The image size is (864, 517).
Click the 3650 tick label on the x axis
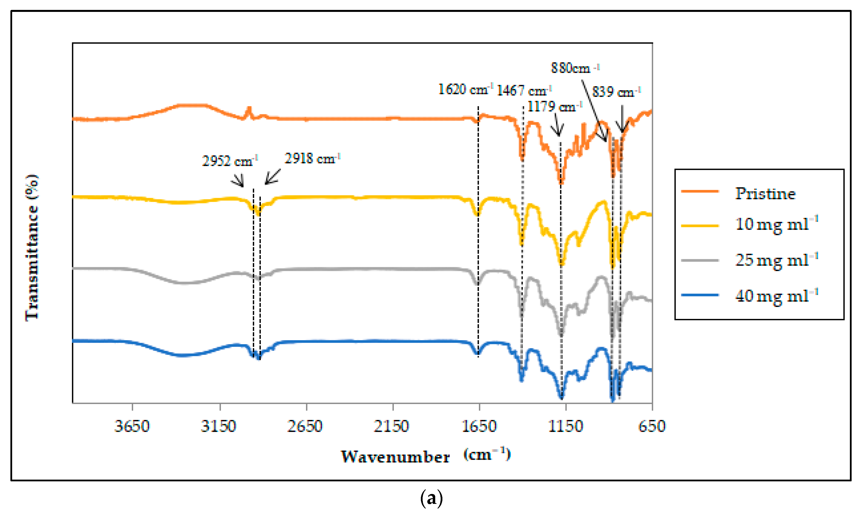[x=132, y=426]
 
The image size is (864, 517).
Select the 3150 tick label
[x=218, y=426]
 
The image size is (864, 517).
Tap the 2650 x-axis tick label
[x=305, y=426]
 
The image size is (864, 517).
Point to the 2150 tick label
[x=391, y=426]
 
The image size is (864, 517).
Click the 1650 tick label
[x=479, y=426]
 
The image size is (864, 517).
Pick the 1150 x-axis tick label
[x=565, y=426]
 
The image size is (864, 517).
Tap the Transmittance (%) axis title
[x=32, y=247]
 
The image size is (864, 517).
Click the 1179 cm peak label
[x=554, y=106]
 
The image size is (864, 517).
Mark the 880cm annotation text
[x=575, y=68]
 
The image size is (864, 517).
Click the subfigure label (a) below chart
[x=432, y=498]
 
